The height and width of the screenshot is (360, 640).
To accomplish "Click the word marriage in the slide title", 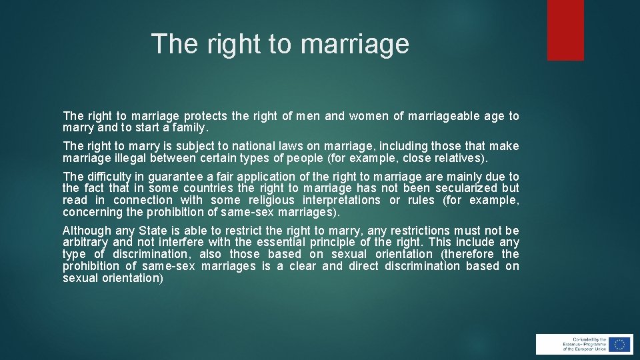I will [355, 44].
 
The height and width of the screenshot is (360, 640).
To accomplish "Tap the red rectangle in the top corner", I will [565, 30].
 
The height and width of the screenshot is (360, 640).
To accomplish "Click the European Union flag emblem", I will [619, 344].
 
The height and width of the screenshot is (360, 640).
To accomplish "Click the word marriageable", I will [443, 116].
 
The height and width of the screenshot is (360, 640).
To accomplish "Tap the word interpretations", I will [341, 200].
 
